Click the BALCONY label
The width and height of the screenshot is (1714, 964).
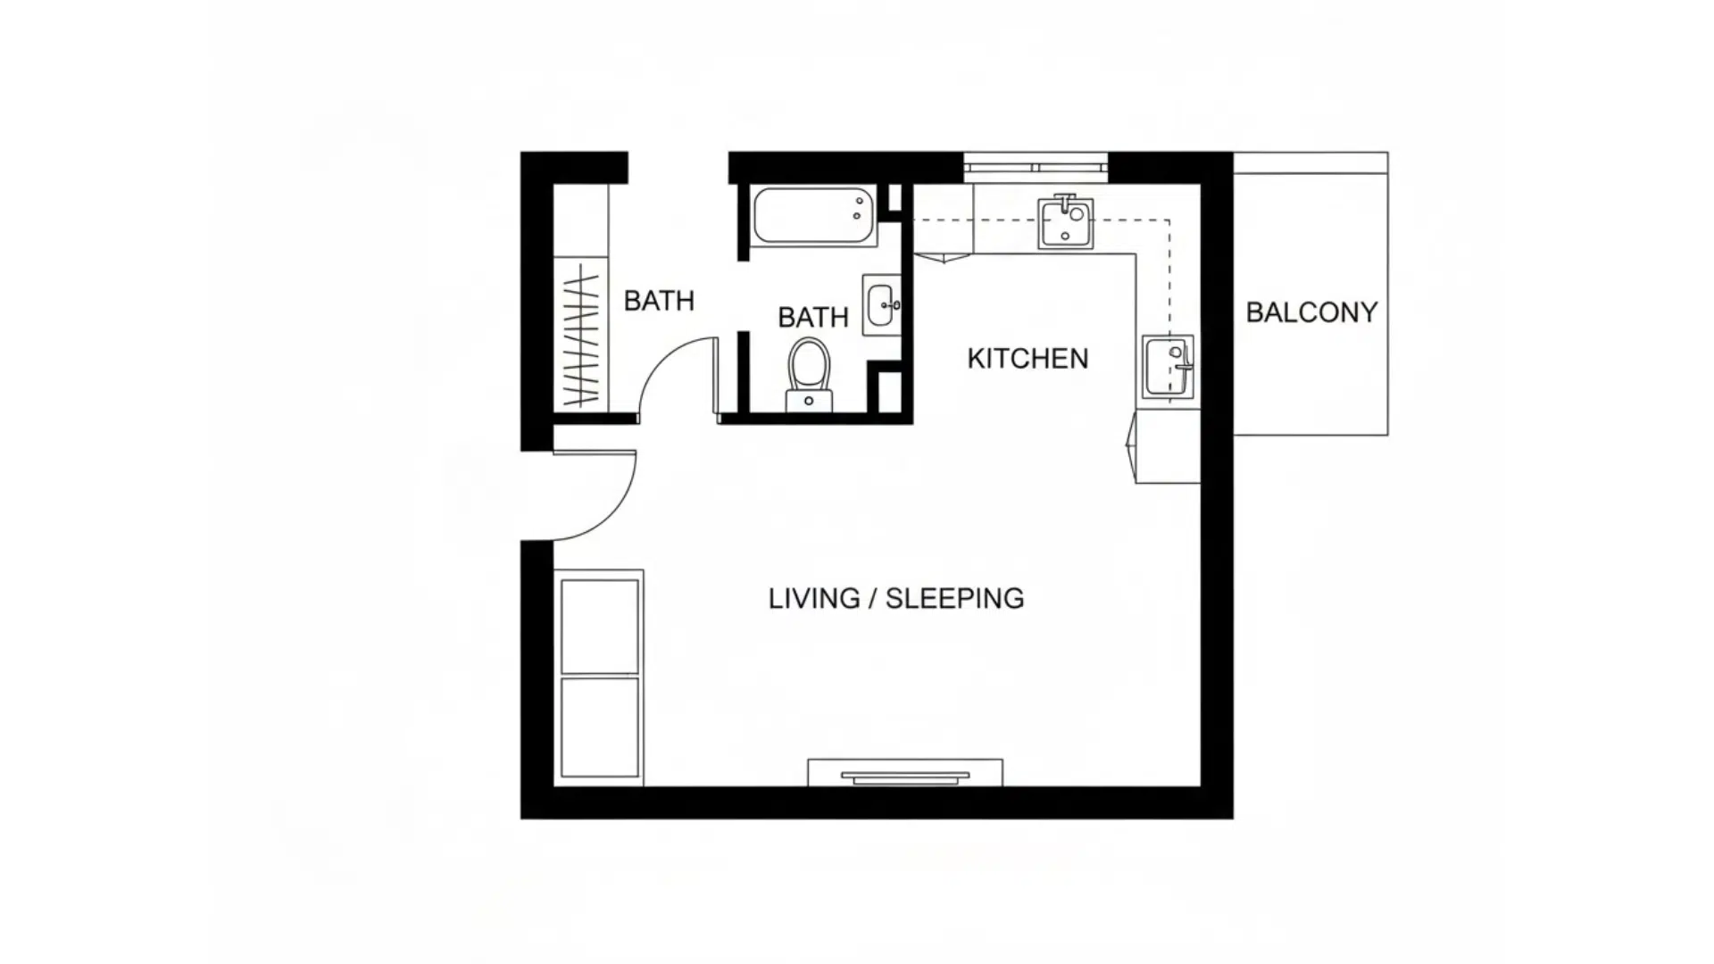1310,312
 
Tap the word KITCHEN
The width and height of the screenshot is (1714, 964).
1028,359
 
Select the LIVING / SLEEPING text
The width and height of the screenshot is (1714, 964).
895,598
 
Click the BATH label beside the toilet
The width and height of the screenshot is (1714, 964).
812,317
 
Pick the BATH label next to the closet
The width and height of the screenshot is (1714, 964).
659,301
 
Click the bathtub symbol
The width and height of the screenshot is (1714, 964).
812,215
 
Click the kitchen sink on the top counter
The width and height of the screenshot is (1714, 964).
1065,223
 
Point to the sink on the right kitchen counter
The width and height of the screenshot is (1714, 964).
1168,366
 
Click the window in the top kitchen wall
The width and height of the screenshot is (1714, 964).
1036,167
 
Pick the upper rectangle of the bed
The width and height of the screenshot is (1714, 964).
599,627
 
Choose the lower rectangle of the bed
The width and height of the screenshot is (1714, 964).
599,727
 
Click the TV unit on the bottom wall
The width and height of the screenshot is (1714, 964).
904,774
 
